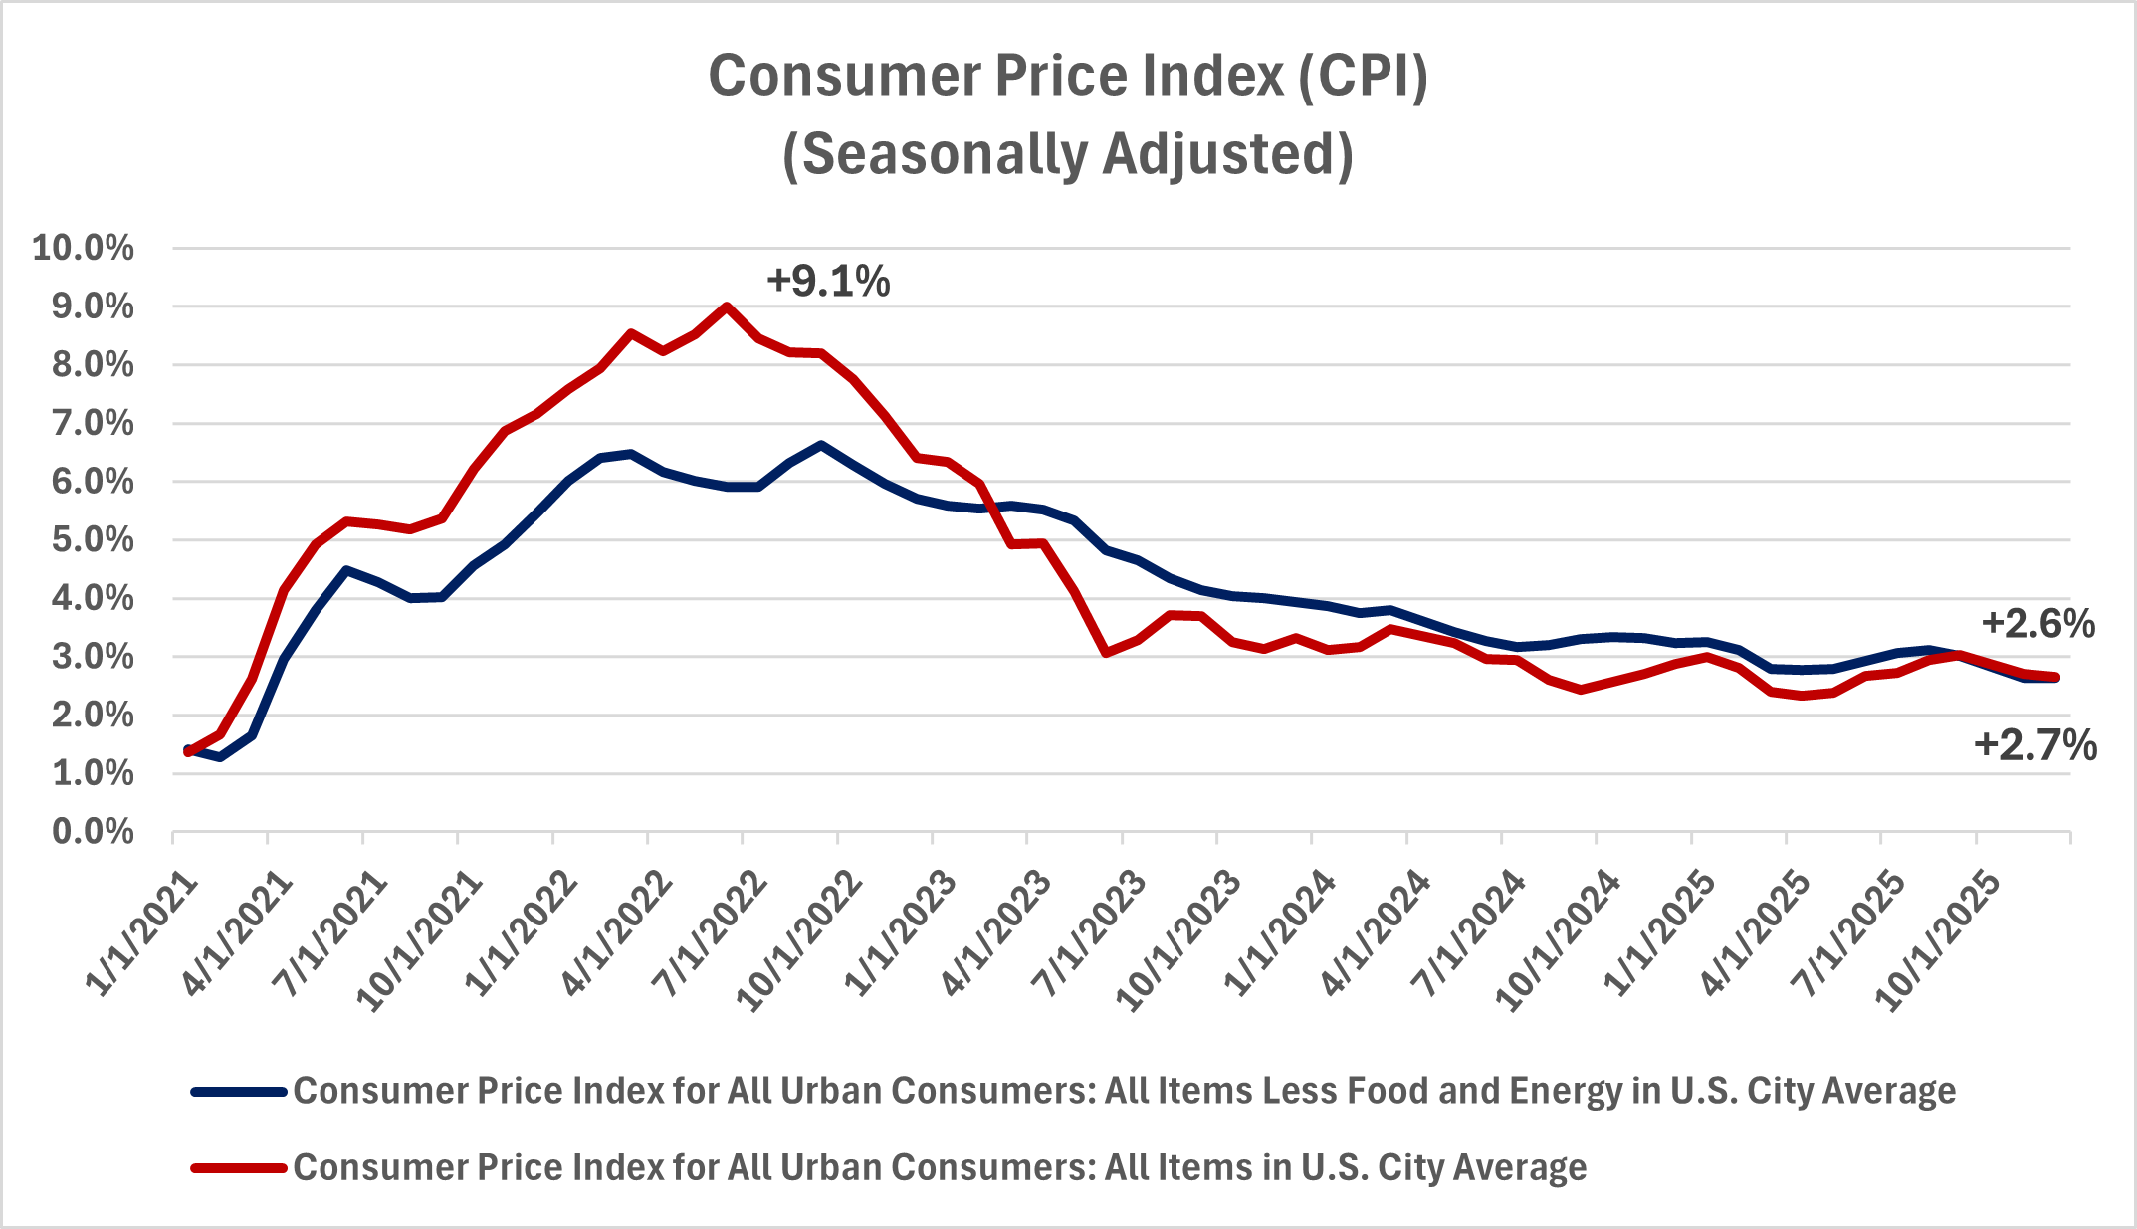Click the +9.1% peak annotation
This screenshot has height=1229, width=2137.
pos(828,282)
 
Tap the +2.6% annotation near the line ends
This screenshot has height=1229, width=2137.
pos(2037,624)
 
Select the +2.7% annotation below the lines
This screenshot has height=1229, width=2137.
pos(2034,745)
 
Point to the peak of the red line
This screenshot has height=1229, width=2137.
pos(727,307)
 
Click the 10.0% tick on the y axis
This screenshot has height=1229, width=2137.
pos(84,248)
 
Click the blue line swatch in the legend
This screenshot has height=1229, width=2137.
pos(239,1092)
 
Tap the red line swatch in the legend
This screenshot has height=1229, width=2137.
pos(239,1167)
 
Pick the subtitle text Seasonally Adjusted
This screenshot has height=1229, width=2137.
pos(1067,155)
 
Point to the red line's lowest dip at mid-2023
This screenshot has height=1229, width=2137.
pos(1106,653)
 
